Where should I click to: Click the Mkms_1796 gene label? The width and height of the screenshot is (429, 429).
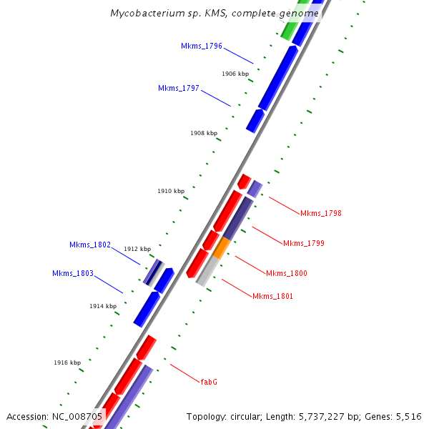(x=201, y=46)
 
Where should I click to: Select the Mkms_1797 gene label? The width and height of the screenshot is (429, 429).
(x=178, y=88)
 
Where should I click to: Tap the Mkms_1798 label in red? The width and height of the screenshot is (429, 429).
(x=320, y=213)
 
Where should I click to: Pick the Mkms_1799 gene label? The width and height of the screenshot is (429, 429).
(x=303, y=243)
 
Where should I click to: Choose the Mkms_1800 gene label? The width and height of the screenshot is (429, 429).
(x=286, y=273)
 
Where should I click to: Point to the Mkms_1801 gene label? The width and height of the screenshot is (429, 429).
(x=272, y=296)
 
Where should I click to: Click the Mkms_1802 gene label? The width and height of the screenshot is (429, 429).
(x=89, y=245)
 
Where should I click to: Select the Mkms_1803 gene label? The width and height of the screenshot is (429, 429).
(x=72, y=273)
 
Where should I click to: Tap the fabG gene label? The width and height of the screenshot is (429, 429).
(x=208, y=382)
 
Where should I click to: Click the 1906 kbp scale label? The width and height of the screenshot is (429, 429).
(x=235, y=74)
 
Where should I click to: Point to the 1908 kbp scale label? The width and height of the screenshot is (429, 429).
(x=203, y=133)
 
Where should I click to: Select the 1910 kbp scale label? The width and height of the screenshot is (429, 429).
(x=171, y=191)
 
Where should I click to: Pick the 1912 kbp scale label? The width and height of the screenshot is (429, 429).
(x=137, y=249)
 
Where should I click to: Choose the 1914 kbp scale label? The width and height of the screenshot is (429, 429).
(x=103, y=306)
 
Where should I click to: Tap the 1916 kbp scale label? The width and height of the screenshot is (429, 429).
(x=67, y=363)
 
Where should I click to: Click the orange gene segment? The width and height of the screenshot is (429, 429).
(x=222, y=248)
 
